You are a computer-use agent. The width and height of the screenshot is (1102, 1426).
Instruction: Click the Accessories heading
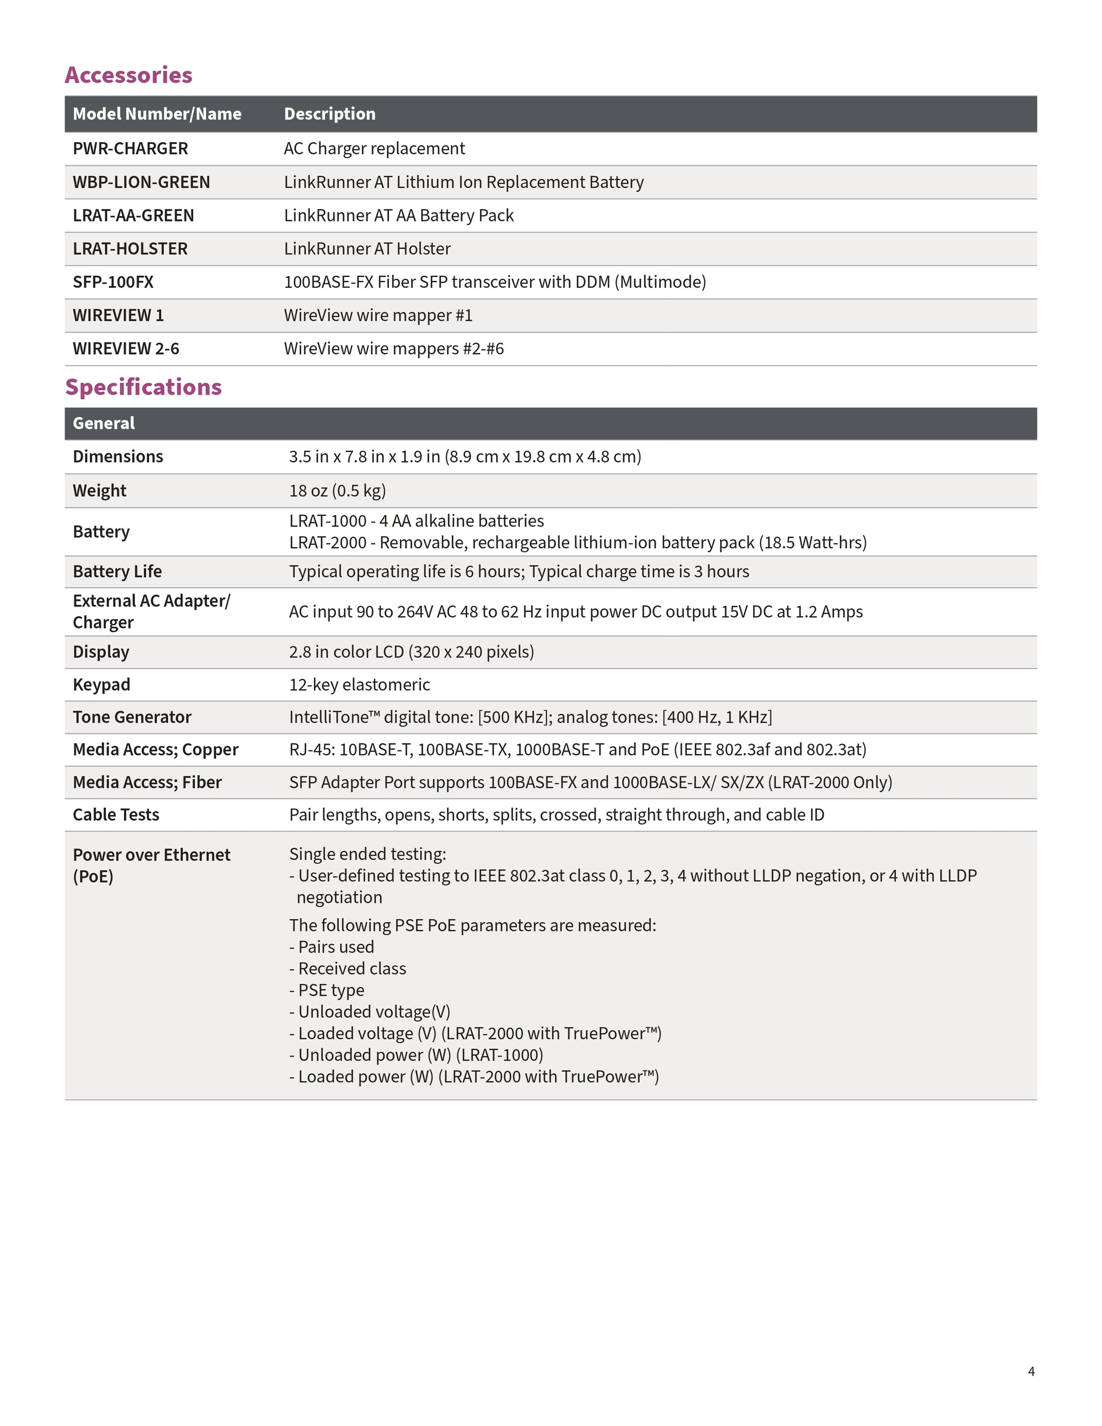(128, 75)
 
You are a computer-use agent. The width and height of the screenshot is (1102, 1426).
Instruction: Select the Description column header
(330, 114)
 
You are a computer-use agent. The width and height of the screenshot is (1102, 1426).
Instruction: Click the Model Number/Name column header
(157, 114)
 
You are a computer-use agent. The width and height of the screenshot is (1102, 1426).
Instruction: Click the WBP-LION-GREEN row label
(141, 182)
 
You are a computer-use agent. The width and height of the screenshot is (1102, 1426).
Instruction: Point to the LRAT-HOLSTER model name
(130, 249)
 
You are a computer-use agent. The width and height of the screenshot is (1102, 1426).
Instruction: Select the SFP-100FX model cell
(113, 282)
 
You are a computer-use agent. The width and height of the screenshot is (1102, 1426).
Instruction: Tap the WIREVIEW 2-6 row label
(125, 349)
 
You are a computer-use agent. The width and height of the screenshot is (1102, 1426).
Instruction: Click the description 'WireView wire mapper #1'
(378, 315)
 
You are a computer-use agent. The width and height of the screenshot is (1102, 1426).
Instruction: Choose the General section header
(104, 423)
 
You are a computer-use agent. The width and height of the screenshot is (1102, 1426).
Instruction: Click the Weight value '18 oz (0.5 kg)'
(338, 490)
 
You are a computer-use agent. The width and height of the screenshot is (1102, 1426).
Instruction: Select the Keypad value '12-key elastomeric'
(360, 684)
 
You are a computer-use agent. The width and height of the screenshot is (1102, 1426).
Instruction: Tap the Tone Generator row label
(132, 717)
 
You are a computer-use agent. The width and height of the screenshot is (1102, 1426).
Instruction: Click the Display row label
(101, 652)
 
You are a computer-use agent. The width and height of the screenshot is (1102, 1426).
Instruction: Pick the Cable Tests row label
(116, 815)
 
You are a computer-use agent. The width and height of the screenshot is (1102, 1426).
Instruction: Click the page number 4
(1031, 1371)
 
